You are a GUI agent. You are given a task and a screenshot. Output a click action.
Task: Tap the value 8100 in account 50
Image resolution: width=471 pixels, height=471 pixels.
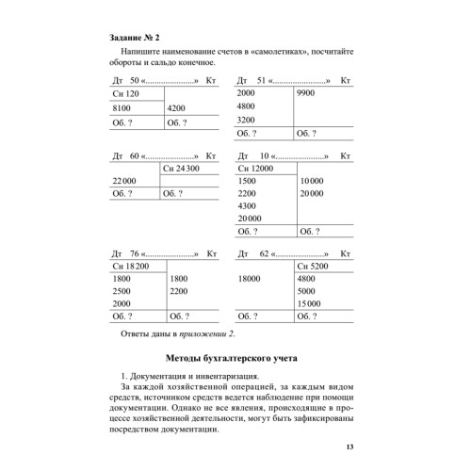pos(122,109)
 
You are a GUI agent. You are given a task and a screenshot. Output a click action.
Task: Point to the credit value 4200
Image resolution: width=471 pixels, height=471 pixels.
pos(177,109)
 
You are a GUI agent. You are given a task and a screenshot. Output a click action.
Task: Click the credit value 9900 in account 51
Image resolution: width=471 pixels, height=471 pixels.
pos(307,94)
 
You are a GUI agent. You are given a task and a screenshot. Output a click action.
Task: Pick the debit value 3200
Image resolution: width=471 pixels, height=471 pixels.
pos(247,121)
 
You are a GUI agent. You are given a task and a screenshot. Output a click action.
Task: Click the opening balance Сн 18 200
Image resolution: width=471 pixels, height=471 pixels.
pos(131,268)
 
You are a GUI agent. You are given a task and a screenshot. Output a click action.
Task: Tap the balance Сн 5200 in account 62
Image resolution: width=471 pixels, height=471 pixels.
pos(316,268)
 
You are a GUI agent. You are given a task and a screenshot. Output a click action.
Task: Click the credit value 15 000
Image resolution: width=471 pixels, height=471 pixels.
pos(311,304)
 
